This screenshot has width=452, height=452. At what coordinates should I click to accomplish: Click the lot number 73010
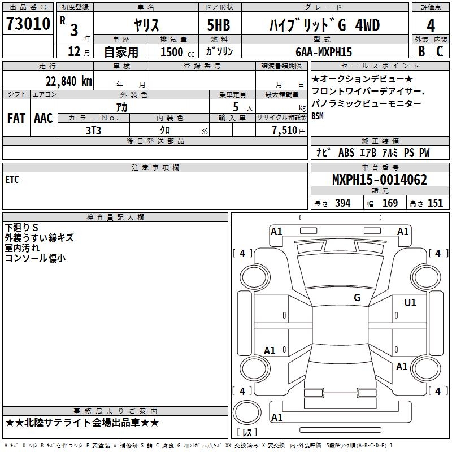point(28,24)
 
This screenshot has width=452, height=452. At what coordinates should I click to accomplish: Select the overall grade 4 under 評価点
point(431,25)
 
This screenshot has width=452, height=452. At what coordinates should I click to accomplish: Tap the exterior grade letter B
point(421,51)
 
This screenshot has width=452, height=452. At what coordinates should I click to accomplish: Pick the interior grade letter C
point(440,51)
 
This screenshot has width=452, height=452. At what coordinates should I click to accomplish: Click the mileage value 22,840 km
point(68,81)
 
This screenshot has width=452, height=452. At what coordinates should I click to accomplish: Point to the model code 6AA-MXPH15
point(324,52)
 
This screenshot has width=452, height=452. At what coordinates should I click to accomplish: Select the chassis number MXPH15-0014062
point(380,180)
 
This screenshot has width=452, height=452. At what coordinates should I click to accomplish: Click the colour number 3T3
point(93,131)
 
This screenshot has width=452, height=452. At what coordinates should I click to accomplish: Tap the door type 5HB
point(219,25)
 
